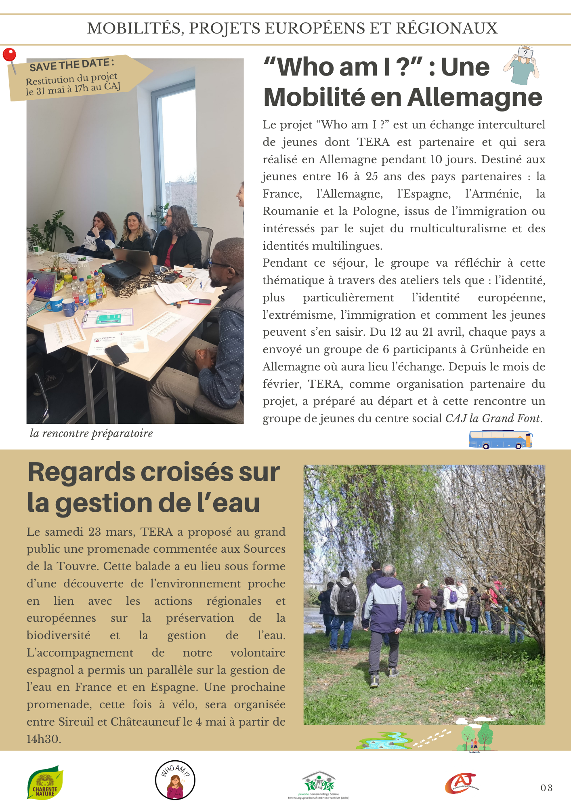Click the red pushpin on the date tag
(9, 55)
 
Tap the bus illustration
(500, 440)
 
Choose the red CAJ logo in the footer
(461, 783)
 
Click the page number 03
(546, 788)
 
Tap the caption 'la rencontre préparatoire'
(91, 433)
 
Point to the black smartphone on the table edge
(117, 355)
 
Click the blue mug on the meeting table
(69, 307)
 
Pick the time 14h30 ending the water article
(44, 739)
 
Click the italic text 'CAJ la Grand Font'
(493, 419)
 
